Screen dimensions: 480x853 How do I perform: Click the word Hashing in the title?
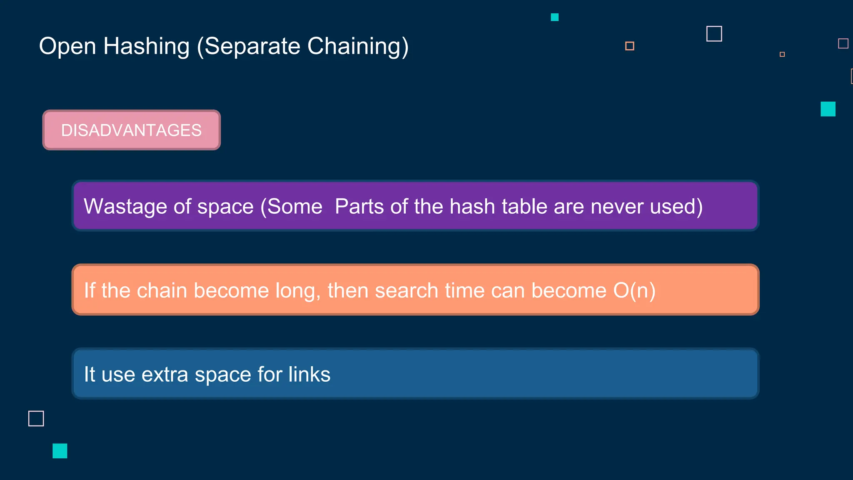tap(146, 46)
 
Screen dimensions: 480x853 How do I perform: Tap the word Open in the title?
tap(67, 46)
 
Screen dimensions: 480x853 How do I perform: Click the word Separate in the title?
tap(252, 46)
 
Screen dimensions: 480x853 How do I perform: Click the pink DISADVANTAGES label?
tap(131, 130)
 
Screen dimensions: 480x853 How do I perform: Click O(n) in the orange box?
tap(634, 290)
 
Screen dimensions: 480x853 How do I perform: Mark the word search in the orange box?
tap(407, 290)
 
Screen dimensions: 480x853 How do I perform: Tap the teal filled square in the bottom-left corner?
tap(60, 451)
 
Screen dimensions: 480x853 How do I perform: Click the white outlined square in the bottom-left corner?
tap(36, 418)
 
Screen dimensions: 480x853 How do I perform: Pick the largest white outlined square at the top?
tap(714, 34)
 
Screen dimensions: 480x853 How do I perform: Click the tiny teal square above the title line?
tap(554, 17)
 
